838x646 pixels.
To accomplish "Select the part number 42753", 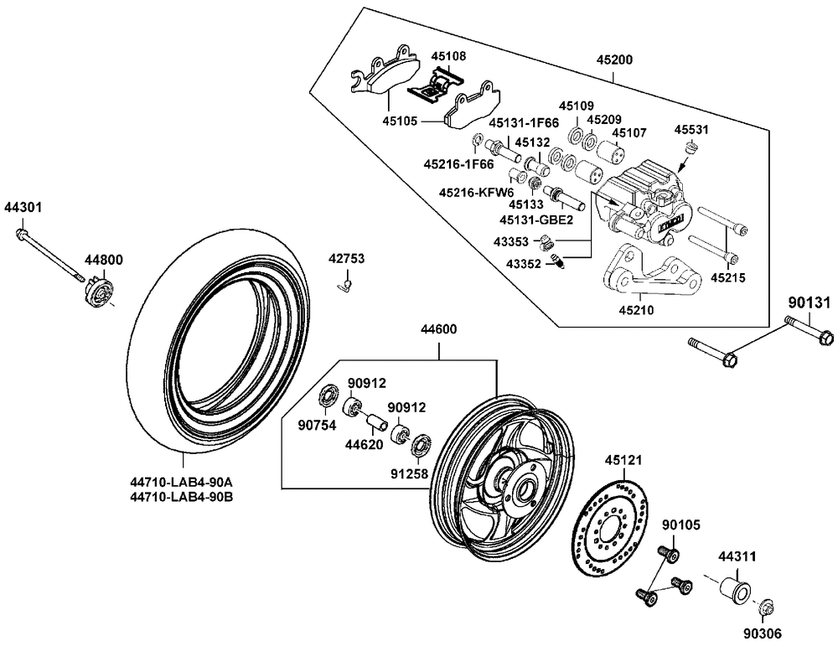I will (x=346, y=259).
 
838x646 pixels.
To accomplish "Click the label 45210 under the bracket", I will (x=638, y=309).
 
